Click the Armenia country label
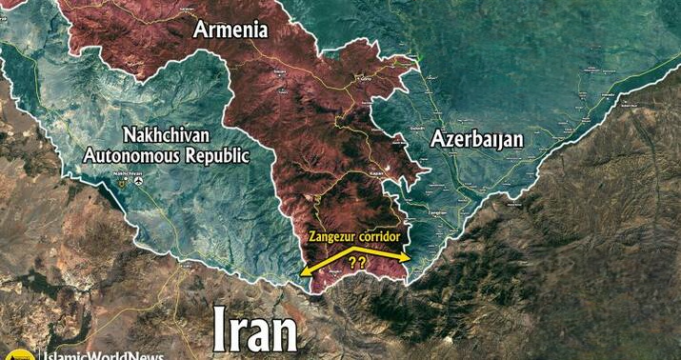230,30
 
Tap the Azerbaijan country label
476,139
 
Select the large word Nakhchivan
167,134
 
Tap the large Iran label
255,330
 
